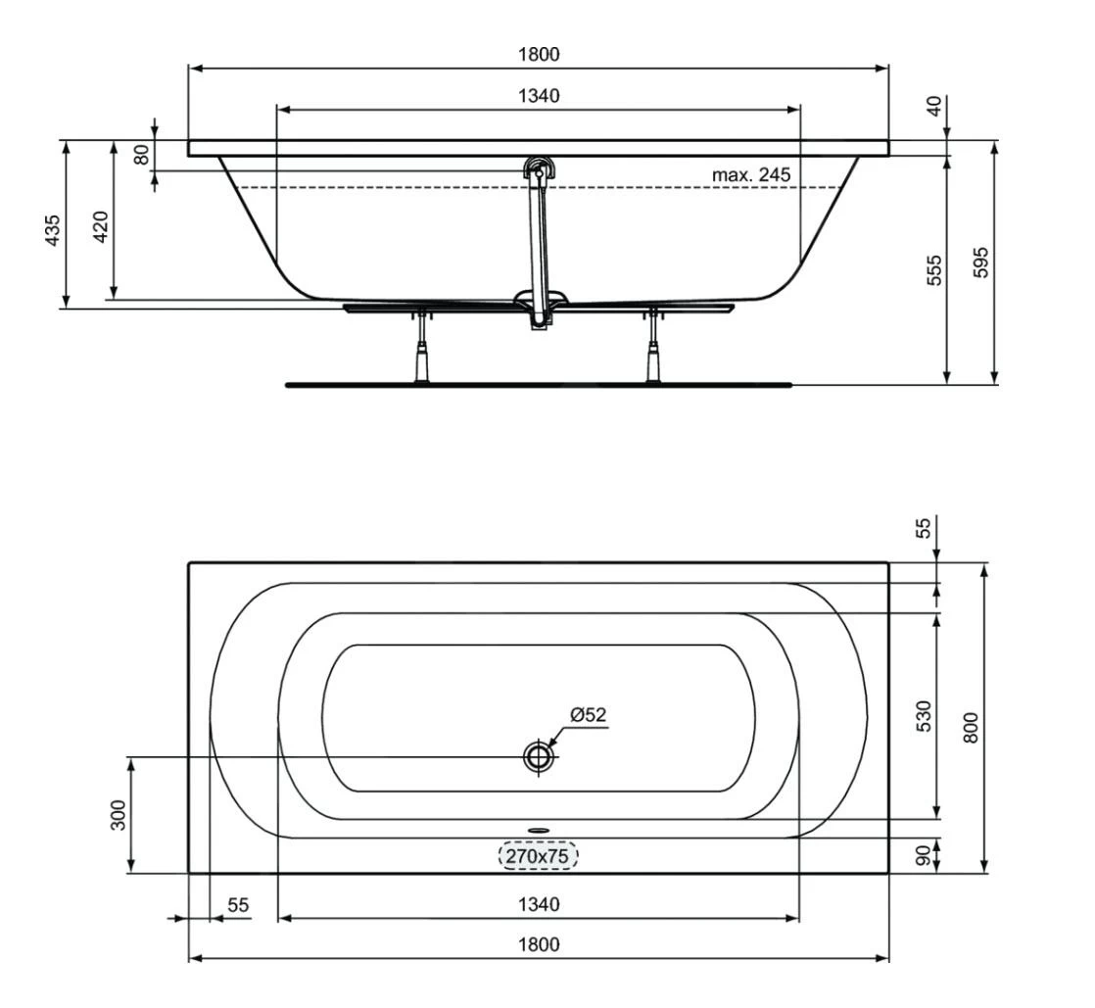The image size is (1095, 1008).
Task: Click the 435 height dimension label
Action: [x=53, y=230]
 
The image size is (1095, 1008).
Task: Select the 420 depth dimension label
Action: [x=101, y=226]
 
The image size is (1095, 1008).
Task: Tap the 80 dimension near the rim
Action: [x=142, y=155]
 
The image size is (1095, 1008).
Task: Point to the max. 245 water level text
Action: [x=751, y=174]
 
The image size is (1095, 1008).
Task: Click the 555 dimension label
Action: [x=934, y=270]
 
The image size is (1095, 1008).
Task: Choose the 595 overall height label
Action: [x=981, y=263]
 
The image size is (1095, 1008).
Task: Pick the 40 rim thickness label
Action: [x=934, y=106]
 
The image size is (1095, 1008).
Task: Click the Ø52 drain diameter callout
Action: [x=588, y=714]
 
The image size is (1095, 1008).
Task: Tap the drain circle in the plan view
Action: [x=539, y=756]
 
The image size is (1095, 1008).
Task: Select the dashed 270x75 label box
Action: [x=539, y=856]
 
